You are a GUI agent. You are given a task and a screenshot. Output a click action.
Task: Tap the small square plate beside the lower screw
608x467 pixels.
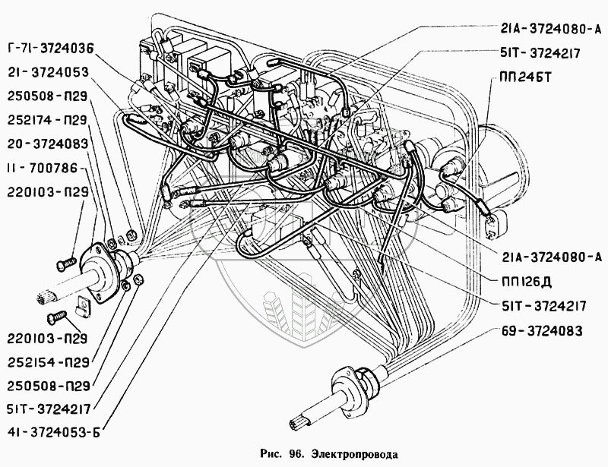pos(84,308)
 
